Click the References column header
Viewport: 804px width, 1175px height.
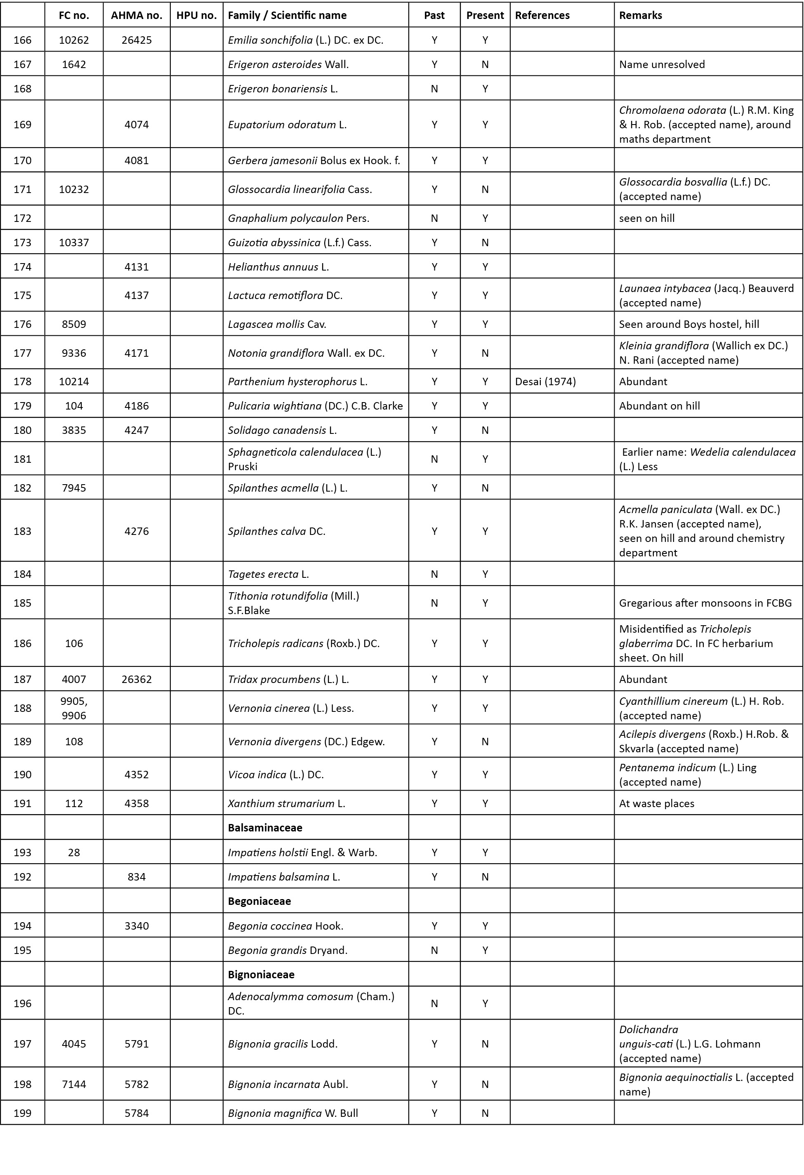coord(542,15)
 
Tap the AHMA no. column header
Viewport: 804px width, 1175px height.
coord(137,15)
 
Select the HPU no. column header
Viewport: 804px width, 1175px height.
coord(196,15)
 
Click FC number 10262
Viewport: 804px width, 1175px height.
coord(74,40)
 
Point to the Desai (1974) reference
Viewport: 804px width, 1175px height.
coord(545,381)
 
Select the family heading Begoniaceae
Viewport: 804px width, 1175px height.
coord(259,901)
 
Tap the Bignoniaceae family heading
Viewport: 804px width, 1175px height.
coord(261,974)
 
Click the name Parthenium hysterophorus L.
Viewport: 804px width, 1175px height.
coord(297,381)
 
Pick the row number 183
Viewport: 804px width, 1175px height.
coord(22,531)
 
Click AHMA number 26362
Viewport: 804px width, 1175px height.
coord(137,679)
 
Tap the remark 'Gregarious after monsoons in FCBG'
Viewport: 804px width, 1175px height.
coord(705,603)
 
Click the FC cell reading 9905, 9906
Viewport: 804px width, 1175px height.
coord(74,708)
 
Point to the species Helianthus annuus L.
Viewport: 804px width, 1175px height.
coord(278,266)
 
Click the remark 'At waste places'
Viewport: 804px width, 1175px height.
coord(656,803)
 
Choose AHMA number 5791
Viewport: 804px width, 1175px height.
coord(137,1043)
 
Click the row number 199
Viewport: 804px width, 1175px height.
coord(22,1113)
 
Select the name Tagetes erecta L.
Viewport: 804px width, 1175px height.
coord(268,574)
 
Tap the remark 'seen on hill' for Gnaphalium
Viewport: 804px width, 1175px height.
coord(647,218)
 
